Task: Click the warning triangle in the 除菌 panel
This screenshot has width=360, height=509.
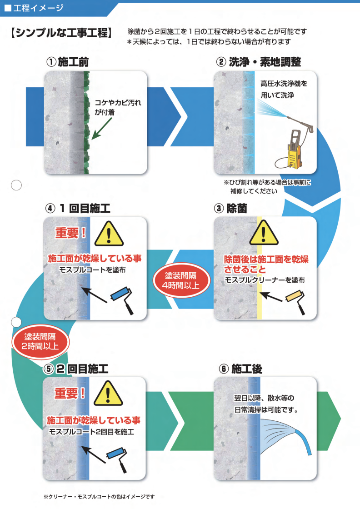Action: (x=264, y=234)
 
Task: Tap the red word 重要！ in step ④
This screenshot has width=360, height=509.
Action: (x=70, y=233)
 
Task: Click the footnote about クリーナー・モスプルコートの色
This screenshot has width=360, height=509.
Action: (x=99, y=496)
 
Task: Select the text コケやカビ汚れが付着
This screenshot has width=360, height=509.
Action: (x=117, y=106)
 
